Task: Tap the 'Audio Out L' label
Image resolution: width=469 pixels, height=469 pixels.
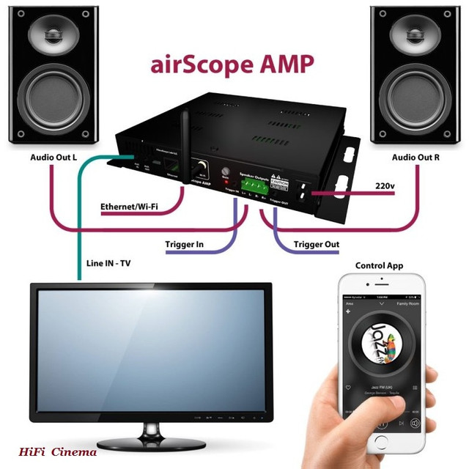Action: (x=54, y=158)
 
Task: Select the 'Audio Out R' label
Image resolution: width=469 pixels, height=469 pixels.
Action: (x=416, y=158)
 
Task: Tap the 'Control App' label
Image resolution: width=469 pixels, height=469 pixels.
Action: (x=379, y=265)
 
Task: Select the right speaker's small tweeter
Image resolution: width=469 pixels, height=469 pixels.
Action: (x=416, y=33)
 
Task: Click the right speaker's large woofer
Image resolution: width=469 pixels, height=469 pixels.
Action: (x=416, y=101)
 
